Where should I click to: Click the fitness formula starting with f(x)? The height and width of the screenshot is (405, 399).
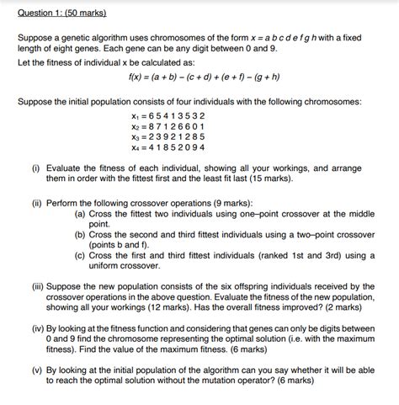(199, 75)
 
